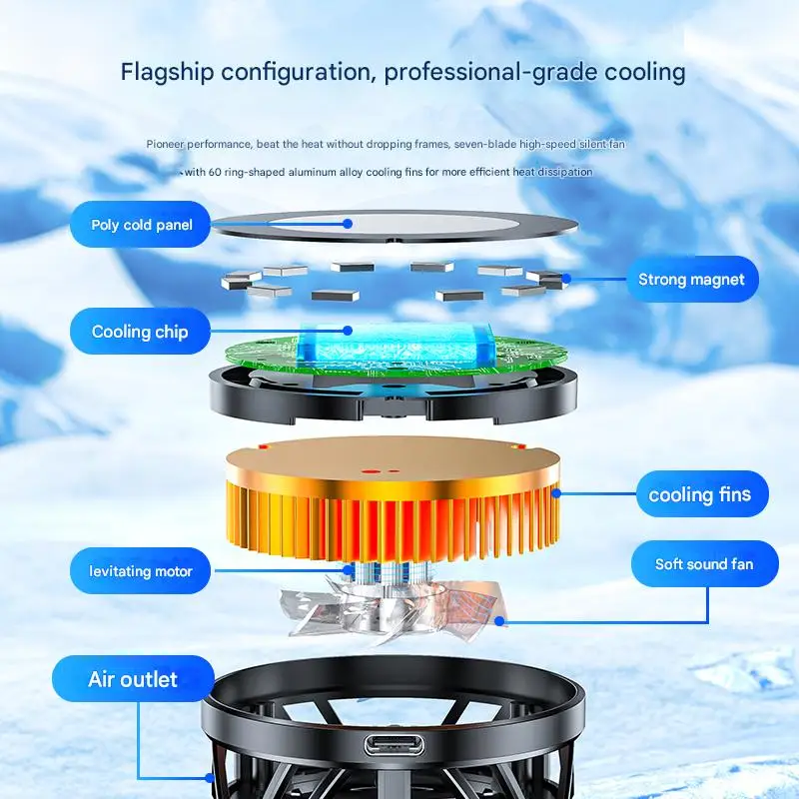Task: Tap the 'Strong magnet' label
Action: coord(691,279)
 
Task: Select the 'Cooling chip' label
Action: coord(139,332)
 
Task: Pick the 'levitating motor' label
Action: coord(141,571)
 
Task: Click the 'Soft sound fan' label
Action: coord(704,564)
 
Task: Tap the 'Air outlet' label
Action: coord(133,680)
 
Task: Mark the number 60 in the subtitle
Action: coord(216,172)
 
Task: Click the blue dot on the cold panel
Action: coord(348,224)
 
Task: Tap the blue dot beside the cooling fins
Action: coord(557,492)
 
